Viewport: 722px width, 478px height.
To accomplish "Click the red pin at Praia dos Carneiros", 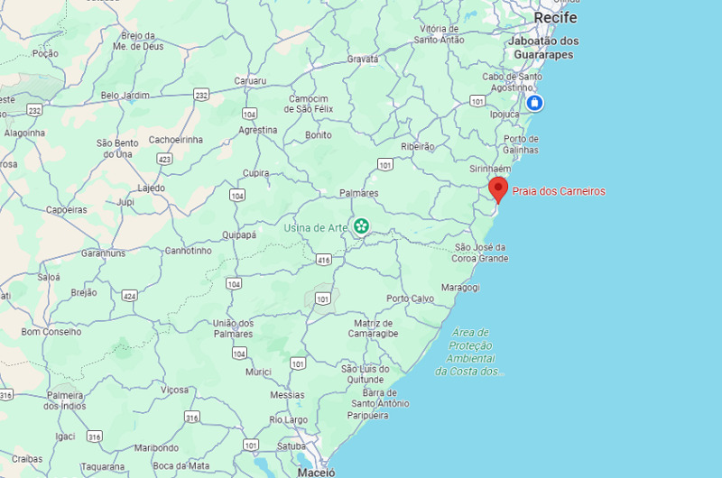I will point(498,188).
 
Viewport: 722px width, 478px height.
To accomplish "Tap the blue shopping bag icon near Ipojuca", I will point(534,103).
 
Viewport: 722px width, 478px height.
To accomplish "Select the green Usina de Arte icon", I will point(362,226).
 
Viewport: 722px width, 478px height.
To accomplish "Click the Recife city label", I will point(555,18).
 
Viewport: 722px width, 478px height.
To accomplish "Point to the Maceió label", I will point(316,472).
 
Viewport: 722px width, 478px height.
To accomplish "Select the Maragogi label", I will point(460,288).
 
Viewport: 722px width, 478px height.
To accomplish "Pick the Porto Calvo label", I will point(410,299).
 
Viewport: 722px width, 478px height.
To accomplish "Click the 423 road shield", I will point(164,159).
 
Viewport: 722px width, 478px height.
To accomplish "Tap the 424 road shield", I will point(130,295).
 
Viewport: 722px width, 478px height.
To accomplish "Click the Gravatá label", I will point(363,59).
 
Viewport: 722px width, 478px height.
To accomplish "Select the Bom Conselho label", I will point(51,332).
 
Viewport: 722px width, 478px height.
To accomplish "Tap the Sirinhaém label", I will point(491,169).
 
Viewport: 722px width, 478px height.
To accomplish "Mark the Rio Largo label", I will point(289,419).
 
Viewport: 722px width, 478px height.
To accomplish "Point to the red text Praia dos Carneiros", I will point(559,191).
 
